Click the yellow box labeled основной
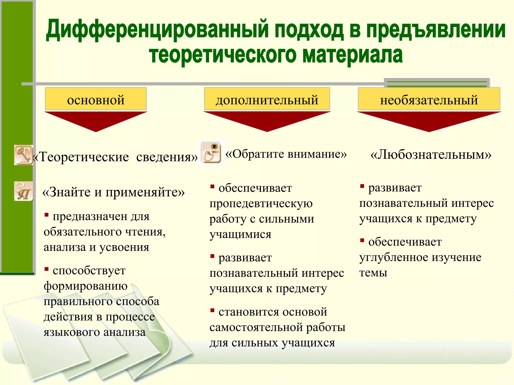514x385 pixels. [x=96, y=99]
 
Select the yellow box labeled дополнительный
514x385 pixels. [x=267, y=99]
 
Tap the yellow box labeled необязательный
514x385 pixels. [x=429, y=99]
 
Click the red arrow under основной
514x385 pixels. [x=96, y=120]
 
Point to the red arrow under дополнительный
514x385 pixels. [x=267, y=120]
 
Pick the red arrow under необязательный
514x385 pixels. [x=429, y=120]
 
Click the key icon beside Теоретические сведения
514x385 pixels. [x=23, y=155]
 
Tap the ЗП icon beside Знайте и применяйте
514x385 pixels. [x=23, y=191]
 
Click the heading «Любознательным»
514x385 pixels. [x=431, y=155]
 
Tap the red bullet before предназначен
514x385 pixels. [x=46, y=215]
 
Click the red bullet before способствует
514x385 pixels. [x=46, y=269]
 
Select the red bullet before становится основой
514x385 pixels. [x=212, y=310]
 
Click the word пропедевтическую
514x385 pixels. [x=261, y=203]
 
